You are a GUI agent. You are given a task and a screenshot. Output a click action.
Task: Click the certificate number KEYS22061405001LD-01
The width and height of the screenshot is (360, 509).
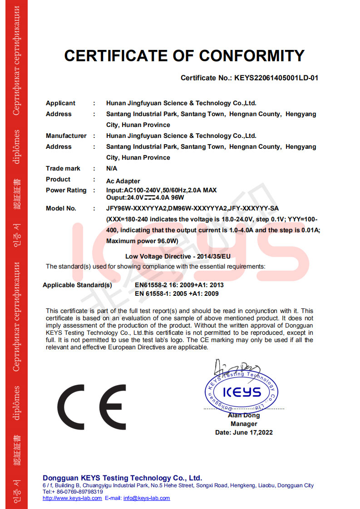[x=276, y=78]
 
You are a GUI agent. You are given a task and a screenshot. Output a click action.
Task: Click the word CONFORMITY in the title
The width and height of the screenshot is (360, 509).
[x=252, y=56]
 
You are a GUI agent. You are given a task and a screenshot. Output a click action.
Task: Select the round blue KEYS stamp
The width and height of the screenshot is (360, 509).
[x=241, y=391]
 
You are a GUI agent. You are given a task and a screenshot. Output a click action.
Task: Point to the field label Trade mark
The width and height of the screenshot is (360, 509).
[x=63, y=168]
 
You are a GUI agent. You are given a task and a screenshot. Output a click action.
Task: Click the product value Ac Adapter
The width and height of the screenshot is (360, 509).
[x=123, y=181]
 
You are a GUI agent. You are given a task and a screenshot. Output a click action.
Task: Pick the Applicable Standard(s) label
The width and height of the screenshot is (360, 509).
[x=77, y=285]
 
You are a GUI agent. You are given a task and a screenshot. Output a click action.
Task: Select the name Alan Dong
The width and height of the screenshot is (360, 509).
[x=244, y=416]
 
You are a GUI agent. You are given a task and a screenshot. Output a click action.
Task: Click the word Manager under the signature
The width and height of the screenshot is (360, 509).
[x=244, y=424]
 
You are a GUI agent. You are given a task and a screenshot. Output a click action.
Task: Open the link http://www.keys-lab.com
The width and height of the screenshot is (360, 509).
[x=72, y=498]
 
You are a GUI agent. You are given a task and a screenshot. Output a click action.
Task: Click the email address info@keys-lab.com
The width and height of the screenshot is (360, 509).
[x=147, y=498]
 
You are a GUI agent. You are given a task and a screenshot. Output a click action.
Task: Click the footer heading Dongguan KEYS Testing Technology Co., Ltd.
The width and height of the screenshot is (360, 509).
[x=122, y=478]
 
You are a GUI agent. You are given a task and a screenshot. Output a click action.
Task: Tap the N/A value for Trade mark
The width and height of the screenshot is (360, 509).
[x=112, y=168]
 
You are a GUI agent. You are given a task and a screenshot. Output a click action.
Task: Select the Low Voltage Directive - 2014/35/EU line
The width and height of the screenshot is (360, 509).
[x=178, y=256]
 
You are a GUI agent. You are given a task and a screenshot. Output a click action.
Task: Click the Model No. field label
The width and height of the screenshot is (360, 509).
[x=61, y=208]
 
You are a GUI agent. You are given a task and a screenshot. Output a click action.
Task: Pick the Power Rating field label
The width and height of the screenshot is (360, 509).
[x=66, y=190]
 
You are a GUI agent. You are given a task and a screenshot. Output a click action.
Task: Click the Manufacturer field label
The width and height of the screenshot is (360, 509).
[x=66, y=136]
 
